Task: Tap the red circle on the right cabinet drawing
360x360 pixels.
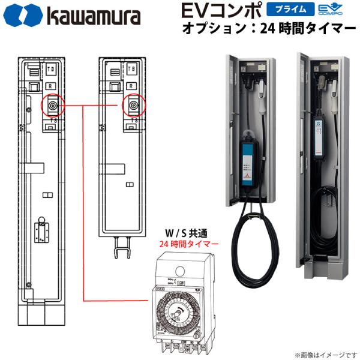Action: coord(132,106)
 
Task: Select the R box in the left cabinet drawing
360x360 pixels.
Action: coord(52,86)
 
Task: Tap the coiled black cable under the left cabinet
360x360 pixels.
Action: coord(253,252)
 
